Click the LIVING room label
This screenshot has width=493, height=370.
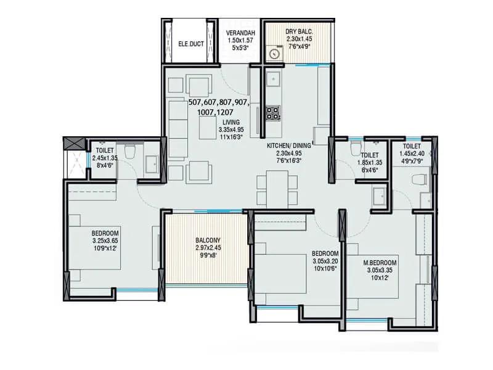(x=231, y=123)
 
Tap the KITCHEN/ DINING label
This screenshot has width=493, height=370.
(x=289, y=146)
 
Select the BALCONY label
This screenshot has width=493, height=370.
(x=206, y=240)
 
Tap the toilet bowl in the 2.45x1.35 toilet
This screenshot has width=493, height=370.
(x=130, y=150)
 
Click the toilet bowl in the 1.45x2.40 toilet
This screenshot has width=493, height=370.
(x=420, y=179)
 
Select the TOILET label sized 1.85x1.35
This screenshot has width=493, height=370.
(x=370, y=156)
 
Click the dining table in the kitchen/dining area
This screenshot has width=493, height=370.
(x=273, y=187)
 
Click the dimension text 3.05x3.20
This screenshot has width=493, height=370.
(x=325, y=261)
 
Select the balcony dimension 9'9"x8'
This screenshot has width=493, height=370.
(x=206, y=255)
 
